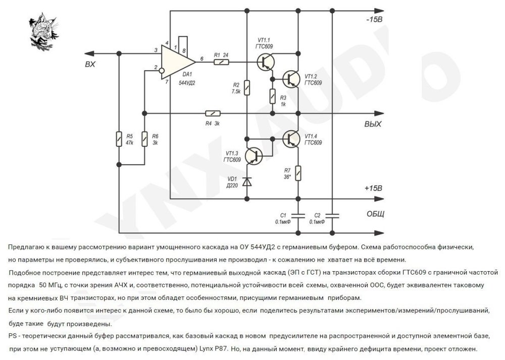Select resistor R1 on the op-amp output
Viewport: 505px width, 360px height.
pyautogui.click(x=221, y=62)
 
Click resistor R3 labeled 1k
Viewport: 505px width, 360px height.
pyautogui.click(x=272, y=95)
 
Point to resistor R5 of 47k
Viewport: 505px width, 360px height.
pyautogui.click(x=119, y=139)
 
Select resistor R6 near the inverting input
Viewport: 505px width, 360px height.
pyautogui.click(x=144, y=139)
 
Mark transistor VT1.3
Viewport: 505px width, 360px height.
pyautogui.click(x=255, y=155)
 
